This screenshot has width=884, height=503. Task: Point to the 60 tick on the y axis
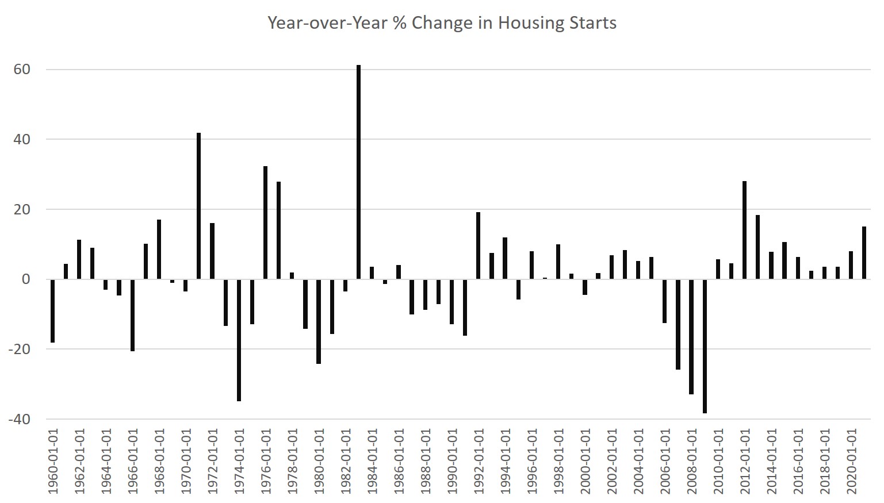21,70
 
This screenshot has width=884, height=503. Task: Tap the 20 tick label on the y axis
21,210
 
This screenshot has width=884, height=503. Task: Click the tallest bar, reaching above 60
358,172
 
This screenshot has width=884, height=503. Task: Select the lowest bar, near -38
705,346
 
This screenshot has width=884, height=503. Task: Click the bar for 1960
52,310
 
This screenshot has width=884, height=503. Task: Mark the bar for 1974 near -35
239,340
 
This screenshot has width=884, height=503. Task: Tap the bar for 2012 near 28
744,230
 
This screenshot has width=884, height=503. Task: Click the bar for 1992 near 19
478,245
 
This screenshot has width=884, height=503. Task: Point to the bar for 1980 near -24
319,321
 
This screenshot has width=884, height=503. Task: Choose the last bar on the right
864,253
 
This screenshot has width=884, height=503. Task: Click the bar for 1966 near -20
132,315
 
